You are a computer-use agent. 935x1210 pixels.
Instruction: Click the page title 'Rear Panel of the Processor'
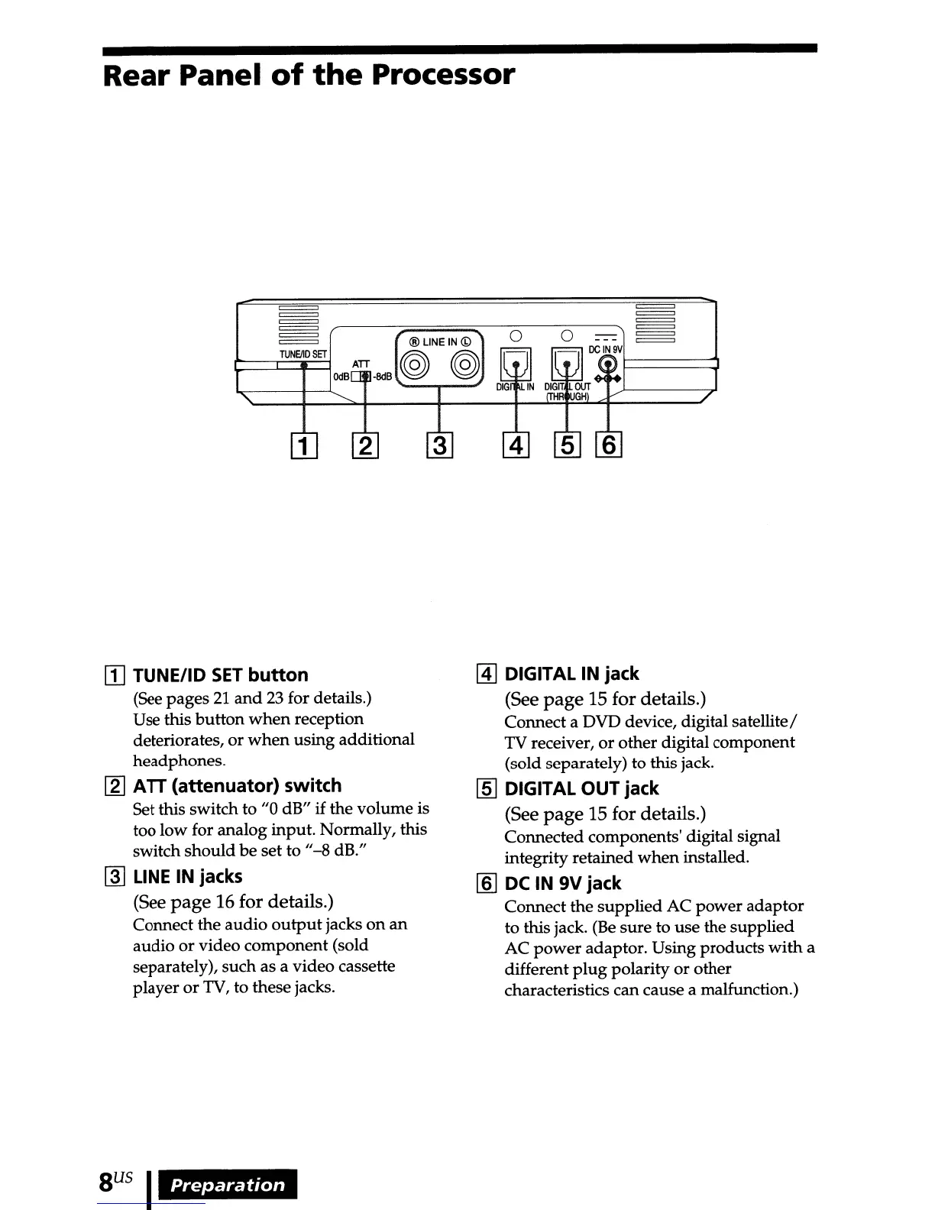309,76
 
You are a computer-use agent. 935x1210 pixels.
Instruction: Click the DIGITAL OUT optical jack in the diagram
567,364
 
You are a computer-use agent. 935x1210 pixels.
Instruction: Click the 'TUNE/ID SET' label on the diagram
302,354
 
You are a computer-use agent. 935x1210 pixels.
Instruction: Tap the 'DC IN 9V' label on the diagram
606,349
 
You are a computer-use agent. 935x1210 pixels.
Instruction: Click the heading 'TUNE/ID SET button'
221,675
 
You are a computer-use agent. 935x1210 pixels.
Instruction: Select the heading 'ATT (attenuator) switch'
237,786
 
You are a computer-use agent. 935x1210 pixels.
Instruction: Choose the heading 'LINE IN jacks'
187,877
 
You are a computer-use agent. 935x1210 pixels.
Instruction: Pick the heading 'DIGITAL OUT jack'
581,789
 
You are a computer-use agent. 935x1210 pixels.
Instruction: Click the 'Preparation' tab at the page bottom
228,1185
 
